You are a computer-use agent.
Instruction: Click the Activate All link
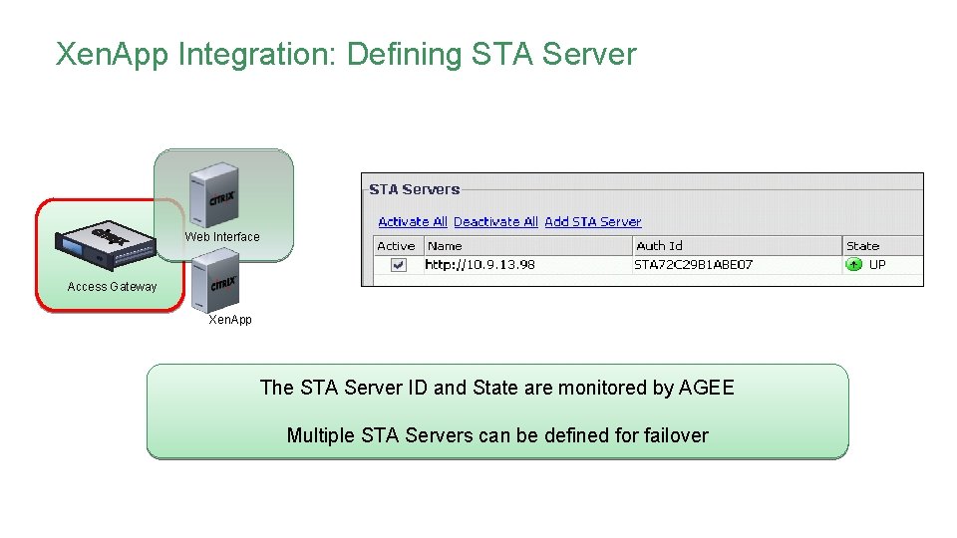point(413,222)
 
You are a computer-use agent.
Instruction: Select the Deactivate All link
point(495,222)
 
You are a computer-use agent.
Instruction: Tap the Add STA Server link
point(593,222)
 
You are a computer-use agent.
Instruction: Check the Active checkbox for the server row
point(399,265)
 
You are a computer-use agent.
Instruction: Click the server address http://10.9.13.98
point(479,265)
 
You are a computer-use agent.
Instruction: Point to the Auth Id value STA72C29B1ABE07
point(694,265)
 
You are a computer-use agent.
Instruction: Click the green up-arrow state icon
point(854,265)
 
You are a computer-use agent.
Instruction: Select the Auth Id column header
point(659,246)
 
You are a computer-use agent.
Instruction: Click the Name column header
point(445,246)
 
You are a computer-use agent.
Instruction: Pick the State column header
point(862,246)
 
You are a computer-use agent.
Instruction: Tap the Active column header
point(396,246)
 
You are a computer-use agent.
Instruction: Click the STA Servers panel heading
point(415,189)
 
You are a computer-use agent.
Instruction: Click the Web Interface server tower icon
point(212,195)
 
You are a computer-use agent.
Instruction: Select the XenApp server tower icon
point(215,282)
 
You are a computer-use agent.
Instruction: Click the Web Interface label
point(221,237)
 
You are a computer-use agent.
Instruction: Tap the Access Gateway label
point(112,287)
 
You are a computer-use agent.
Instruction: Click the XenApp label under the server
point(229,320)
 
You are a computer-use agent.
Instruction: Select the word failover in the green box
point(674,435)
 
